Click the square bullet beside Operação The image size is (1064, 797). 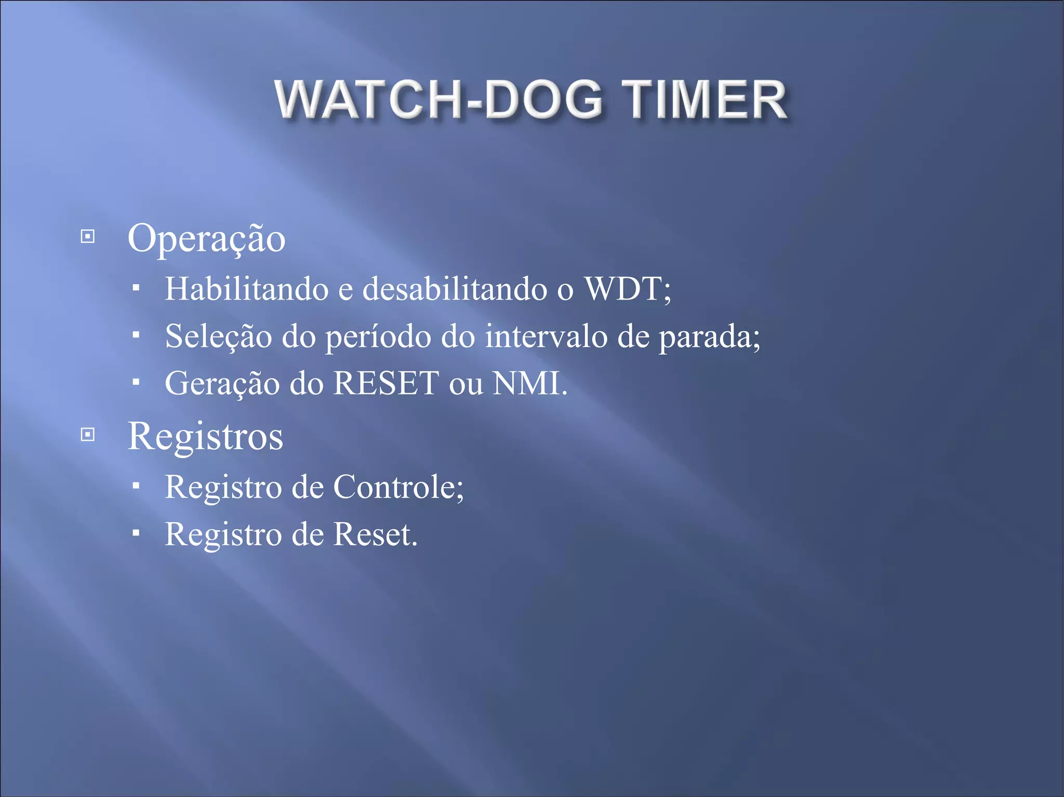[x=88, y=237]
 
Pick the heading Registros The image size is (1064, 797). [x=205, y=436]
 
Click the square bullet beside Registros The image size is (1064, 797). [x=88, y=434]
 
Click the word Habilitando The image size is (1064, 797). [x=247, y=289]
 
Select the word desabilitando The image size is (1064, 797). [x=455, y=289]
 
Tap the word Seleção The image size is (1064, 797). [x=219, y=336]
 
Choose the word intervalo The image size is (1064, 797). [x=546, y=336]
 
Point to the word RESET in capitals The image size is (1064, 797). [x=386, y=383]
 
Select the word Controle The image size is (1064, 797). [x=397, y=487]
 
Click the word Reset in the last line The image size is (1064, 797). [x=374, y=534]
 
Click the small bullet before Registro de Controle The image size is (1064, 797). [x=136, y=486]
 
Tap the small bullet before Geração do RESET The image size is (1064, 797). [x=136, y=383]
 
